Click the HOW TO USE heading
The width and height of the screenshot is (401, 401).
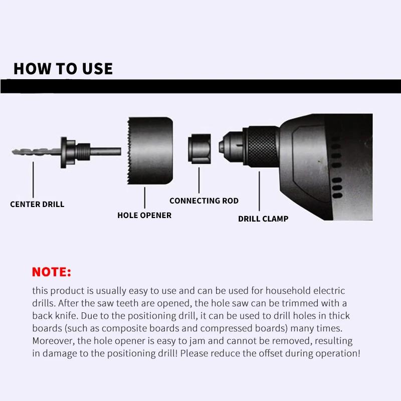point(63,69)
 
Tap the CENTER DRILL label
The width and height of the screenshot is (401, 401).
point(38,205)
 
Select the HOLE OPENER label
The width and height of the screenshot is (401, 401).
point(144,216)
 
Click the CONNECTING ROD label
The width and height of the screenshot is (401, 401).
point(204,201)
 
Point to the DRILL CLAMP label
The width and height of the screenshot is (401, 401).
point(263,219)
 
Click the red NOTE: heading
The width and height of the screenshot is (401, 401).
point(52,272)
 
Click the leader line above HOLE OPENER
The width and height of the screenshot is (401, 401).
point(145,197)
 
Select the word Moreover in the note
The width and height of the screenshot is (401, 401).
point(53,341)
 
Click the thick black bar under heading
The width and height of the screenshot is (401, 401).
point(200,86)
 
